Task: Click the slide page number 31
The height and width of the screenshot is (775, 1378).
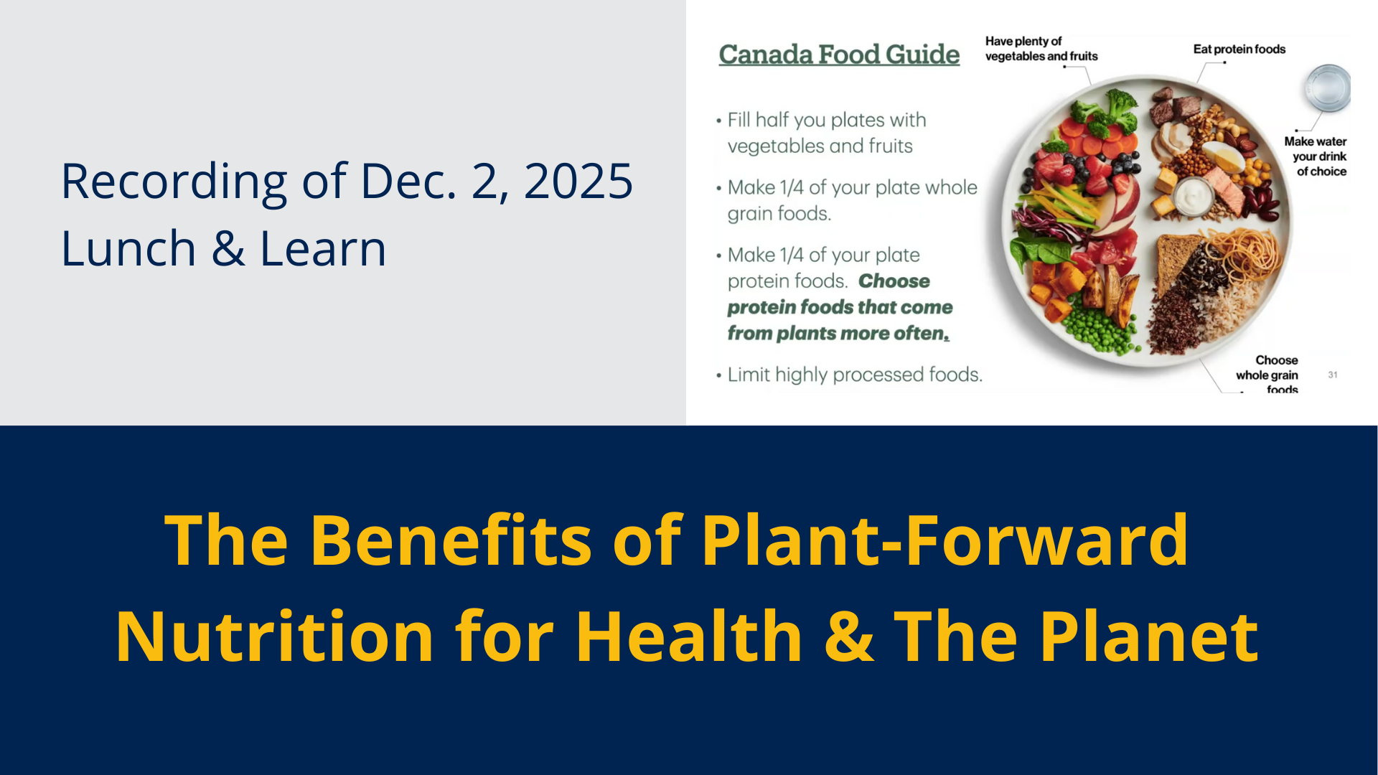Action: tap(1333, 375)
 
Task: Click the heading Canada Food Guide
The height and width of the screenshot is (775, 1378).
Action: tap(839, 55)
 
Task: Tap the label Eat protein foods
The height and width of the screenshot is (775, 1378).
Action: tap(1239, 49)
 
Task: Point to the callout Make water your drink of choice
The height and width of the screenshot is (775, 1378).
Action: tap(1316, 156)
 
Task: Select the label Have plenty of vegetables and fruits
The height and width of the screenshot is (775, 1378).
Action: tap(1041, 49)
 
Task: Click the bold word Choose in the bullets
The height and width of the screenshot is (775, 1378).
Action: tap(894, 281)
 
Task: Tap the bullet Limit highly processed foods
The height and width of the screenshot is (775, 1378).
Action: tap(849, 375)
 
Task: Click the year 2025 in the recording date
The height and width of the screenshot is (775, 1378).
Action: tap(578, 181)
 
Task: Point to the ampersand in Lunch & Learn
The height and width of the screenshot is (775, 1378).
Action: tap(228, 249)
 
